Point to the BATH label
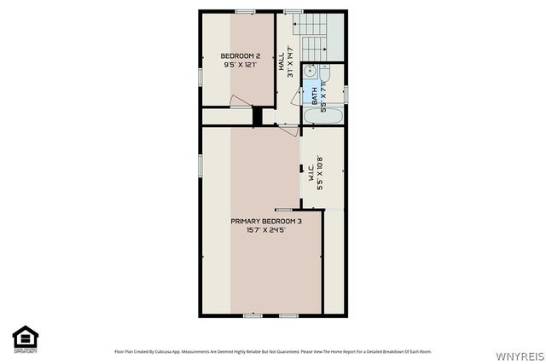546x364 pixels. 314,101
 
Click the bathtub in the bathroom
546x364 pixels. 323,116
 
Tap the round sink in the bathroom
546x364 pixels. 311,72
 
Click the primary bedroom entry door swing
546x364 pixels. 288,130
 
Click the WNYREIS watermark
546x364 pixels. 515,354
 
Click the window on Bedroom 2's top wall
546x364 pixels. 246,10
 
